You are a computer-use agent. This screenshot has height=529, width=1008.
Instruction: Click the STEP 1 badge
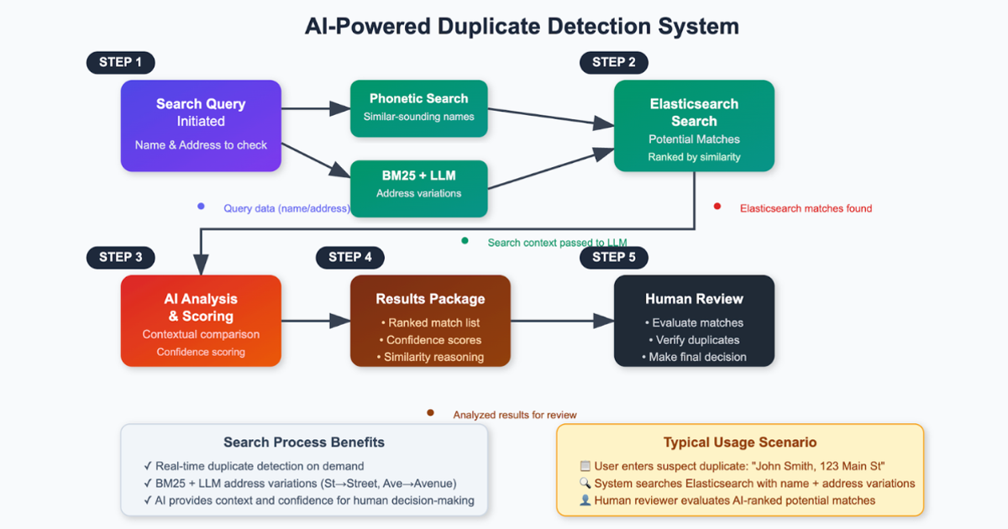pyautogui.click(x=120, y=62)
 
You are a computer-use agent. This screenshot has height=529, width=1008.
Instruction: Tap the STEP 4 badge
pyautogui.click(x=349, y=257)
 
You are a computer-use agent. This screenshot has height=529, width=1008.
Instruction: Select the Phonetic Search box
pyautogui.click(x=418, y=107)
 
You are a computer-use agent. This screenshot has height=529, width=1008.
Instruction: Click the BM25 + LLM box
pyautogui.click(x=418, y=183)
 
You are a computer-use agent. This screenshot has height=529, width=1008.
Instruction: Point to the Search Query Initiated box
pyautogui.click(x=201, y=125)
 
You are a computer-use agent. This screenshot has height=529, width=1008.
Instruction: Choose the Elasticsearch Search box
pyautogui.click(x=694, y=125)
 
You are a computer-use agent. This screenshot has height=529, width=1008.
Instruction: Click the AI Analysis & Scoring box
pyautogui.click(x=201, y=321)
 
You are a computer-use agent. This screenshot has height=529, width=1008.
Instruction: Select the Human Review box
pyautogui.click(x=694, y=321)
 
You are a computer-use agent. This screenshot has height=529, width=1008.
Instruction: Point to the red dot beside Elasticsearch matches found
pyautogui.click(x=717, y=207)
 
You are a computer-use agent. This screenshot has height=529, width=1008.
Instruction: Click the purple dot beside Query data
pyautogui.click(x=201, y=207)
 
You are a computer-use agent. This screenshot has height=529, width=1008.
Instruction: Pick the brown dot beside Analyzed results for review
pyautogui.click(x=430, y=412)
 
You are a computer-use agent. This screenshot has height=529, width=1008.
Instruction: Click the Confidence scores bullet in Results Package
pyautogui.click(x=430, y=340)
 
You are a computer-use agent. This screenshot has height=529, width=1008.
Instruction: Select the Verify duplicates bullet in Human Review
pyautogui.click(x=694, y=340)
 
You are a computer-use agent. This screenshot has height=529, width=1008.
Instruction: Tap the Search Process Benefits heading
pyautogui.click(x=304, y=443)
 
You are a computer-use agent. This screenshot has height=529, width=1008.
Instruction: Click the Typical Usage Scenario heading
pyautogui.click(x=740, y=443)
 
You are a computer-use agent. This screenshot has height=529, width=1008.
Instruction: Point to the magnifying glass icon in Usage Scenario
pyautogui.click(x=585, y=484)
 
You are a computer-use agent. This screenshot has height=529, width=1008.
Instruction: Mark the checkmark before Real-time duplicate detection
pyautogui.click(x=148, y=466)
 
